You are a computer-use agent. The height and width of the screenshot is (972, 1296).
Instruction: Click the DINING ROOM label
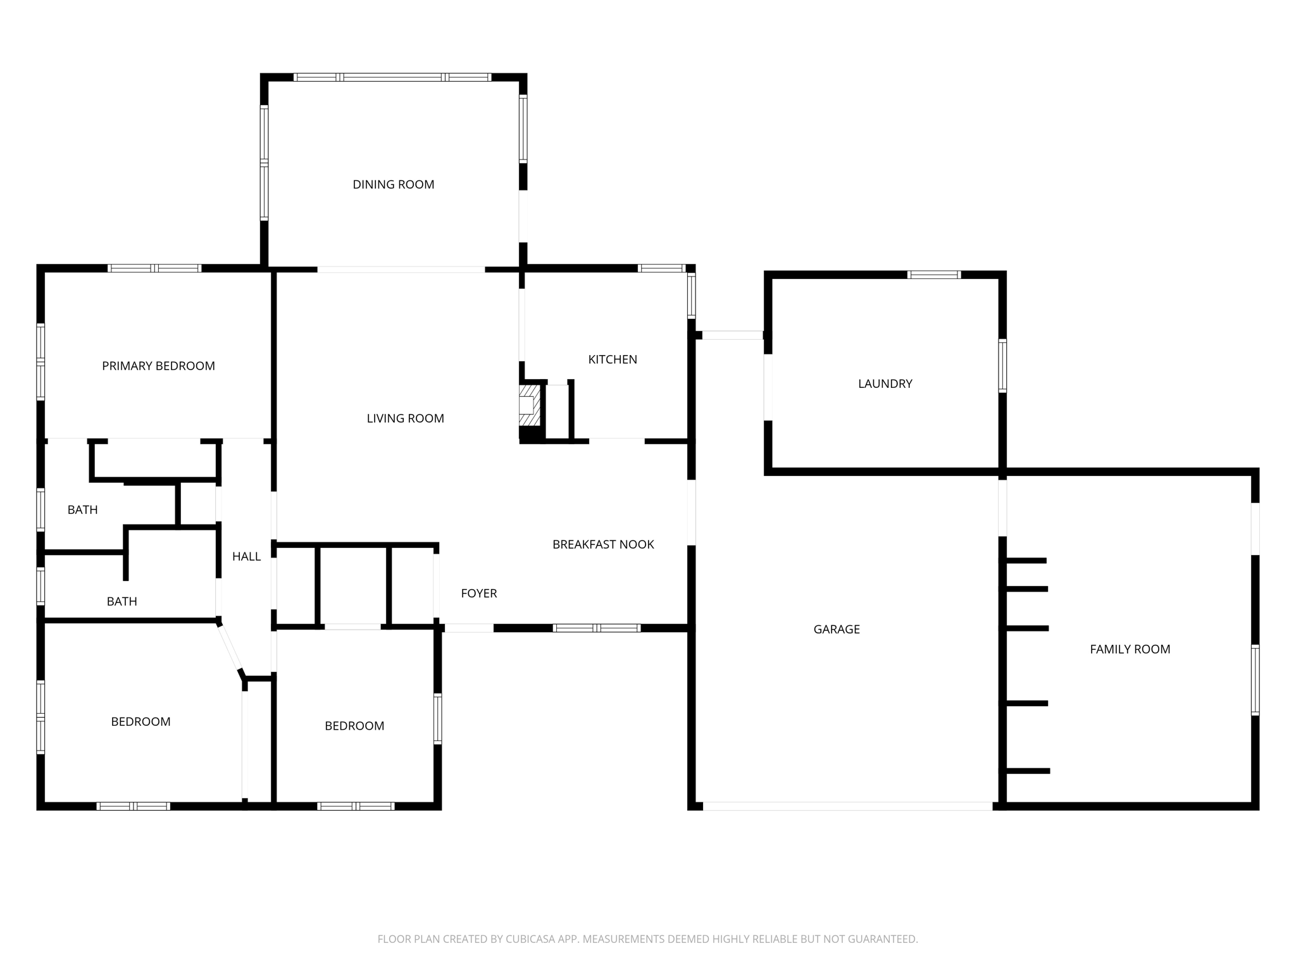(x=393, y=184)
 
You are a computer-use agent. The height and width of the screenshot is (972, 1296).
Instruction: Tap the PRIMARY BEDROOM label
(x=158, y=366)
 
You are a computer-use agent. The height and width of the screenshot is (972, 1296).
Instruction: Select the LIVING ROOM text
(x=405, y=418)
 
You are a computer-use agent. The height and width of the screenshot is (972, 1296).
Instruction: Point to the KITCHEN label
(x=613, y=359)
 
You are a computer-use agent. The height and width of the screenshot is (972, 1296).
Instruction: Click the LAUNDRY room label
(x=885, y=383)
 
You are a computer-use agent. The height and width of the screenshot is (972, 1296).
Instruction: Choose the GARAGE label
(x=836, y=629)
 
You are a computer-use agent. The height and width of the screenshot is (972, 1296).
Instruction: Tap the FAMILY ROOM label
(x=1130, y=649)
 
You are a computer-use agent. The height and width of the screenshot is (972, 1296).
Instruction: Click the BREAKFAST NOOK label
(x=603, y=544)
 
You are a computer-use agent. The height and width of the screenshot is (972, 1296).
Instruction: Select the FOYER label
(x=478, y=594)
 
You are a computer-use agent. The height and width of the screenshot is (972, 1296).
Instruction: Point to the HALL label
(x=246, y=557)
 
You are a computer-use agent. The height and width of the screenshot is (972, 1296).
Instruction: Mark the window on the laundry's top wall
(x=933, y=275)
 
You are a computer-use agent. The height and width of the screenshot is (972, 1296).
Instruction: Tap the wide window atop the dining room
(x=392, y=77)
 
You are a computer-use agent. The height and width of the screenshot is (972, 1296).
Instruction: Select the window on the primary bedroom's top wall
(x=154, y=268)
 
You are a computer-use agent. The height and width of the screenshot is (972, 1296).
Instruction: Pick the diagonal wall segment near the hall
(x=229, y=648)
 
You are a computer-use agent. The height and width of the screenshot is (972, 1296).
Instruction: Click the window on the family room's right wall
(x=1255, y=680)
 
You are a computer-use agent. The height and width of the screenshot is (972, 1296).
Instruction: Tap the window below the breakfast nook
(x=597, y=628)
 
